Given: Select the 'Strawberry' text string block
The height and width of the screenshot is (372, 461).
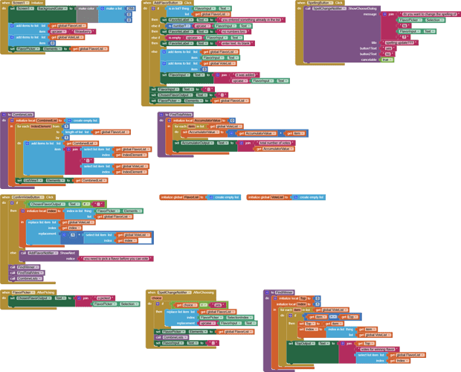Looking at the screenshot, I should [x=83, y=32].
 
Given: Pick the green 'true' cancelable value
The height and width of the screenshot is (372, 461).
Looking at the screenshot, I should [x=386, y=60].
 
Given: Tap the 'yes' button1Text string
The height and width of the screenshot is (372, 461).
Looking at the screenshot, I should [x=386, y=48].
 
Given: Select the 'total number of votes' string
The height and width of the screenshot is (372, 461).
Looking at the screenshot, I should [x=275, y=142].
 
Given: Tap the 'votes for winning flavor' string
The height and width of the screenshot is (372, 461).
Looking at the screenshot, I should [x=380, y=349].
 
